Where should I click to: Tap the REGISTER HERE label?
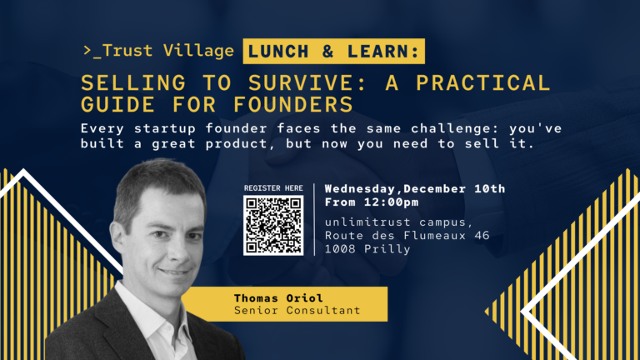coord(273,188)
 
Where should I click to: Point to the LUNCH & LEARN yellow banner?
coord(333,52)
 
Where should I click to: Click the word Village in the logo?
coord(199,51)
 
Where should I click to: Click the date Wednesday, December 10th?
coord(415,189)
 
